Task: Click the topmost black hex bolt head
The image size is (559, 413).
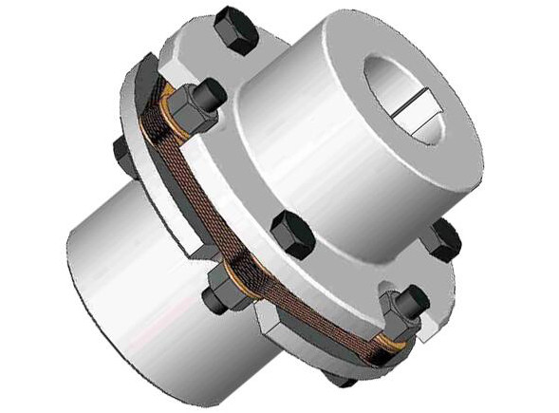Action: (x=235, y=30)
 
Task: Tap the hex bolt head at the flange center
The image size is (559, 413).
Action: (x=291, y=234)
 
